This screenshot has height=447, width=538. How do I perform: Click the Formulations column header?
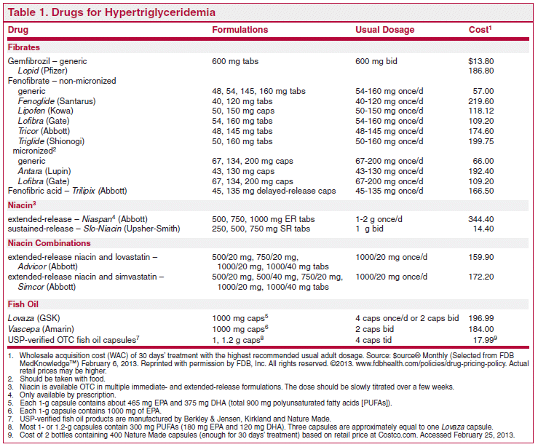click(x=240, y=30)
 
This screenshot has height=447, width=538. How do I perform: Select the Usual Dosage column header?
click(x=384, y=30)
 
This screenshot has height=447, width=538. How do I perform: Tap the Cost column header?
click(x=480, y=30)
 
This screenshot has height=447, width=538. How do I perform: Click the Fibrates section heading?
click(x=24, y=47)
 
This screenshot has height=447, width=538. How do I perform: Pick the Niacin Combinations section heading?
click(x=49, y=243)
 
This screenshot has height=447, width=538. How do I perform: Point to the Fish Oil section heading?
click(x=23, y=304)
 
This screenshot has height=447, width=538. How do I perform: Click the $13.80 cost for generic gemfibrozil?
click(x=481, y=61)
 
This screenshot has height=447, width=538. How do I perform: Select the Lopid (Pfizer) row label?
click(x=42, y=71)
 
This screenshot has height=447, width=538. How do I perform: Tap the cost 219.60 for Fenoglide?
click(x=481, y=101)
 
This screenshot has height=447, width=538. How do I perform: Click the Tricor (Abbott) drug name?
click(x=44, y=131)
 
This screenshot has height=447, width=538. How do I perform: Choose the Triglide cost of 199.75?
click(x=481, y=141)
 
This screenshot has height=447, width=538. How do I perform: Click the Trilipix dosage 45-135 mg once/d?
click(x=389, y=191)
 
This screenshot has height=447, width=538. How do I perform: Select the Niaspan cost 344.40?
click(x=481, y=219)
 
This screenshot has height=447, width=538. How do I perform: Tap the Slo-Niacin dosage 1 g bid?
click(x=369, y=229)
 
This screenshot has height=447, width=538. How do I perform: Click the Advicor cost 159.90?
click(x=481, y=257)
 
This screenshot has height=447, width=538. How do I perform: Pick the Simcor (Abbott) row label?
click(x=47, y=287)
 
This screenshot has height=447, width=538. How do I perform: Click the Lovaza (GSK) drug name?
click(x=34, y=318)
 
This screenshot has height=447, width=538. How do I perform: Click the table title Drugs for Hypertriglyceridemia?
click(x=133, y=12)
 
